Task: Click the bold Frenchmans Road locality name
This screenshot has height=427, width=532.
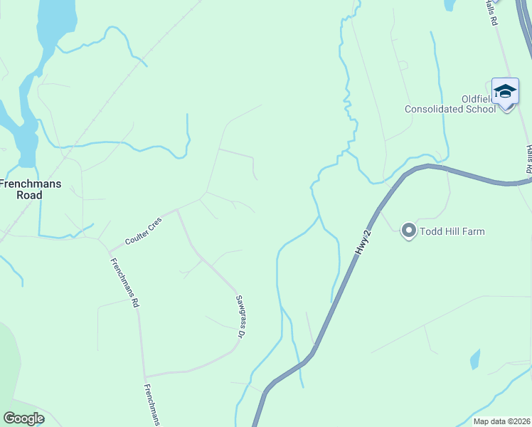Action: point(31,189)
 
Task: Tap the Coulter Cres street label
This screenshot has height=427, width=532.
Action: point(144,232)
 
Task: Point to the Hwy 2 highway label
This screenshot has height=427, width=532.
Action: point(364,240)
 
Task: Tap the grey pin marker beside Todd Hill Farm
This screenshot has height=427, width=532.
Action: point(408,231)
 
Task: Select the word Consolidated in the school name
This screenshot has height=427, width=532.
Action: point(435,110)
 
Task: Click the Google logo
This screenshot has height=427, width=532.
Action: point(23,418)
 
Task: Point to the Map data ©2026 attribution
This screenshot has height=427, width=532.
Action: point(501,421)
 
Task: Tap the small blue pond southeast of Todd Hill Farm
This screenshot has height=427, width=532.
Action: point(475,359)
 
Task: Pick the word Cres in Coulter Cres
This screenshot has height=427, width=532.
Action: point(154,226)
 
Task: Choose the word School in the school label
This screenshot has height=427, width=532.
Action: point(482,110)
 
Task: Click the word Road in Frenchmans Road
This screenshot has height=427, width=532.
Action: point(31,194)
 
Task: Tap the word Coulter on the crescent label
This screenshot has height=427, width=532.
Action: point(137,236)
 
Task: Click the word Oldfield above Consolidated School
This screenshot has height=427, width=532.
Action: point(473,99)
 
